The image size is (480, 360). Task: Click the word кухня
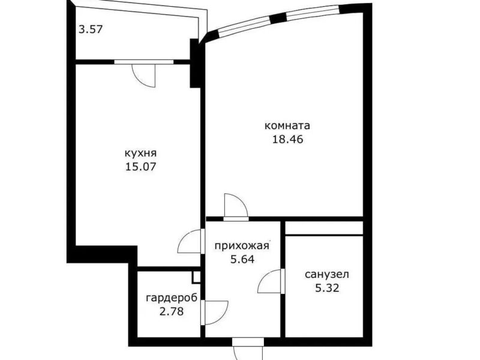[x=141, y=153]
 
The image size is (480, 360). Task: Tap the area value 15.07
[x=141, y=167]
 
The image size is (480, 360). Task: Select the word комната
[x=287, y=125]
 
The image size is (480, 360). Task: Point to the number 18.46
[x=287, y=139]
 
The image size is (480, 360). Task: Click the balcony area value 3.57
[x=91, y=29]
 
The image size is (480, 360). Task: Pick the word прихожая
[x=242, y=246]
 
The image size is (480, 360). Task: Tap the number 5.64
[x=242, y=259]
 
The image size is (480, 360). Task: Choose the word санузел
[x=327, y=274]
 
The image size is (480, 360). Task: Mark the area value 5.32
[x=327, y=288]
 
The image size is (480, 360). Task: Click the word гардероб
[x=172, y=298]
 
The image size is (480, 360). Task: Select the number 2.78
[x=172, y=311]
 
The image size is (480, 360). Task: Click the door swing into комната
[x=236, y=206]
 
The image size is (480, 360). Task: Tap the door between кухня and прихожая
[x=190, y=241]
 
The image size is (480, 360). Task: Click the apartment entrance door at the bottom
[x=248, y=349]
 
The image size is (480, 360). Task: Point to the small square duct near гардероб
[x=196, y=277]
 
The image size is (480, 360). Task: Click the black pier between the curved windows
[x=278, y=18]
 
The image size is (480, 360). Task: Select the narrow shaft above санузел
[x=324, y=229]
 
